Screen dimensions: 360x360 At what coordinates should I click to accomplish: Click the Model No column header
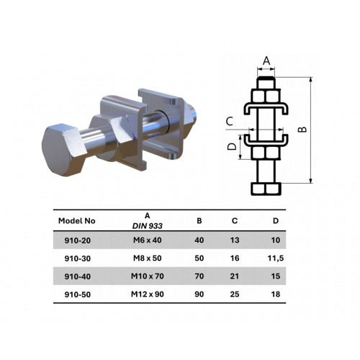(77, 221)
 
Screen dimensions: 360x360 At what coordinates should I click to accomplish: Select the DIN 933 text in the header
(148, 226)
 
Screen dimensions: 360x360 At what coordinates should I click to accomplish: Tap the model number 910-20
(78, 240)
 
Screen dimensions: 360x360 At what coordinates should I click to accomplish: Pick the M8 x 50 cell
(148, 258)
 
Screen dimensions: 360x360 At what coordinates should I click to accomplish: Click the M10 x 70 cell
(148, 276)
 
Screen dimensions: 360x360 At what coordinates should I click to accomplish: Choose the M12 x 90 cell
(148, 294)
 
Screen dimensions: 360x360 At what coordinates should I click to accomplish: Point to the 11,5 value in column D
(276, 258)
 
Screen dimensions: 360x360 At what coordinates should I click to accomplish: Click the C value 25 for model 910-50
(235, 294)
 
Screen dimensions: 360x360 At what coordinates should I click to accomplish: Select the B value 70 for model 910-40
(199, 276)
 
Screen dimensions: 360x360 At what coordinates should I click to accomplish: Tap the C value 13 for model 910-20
(235, 240)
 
